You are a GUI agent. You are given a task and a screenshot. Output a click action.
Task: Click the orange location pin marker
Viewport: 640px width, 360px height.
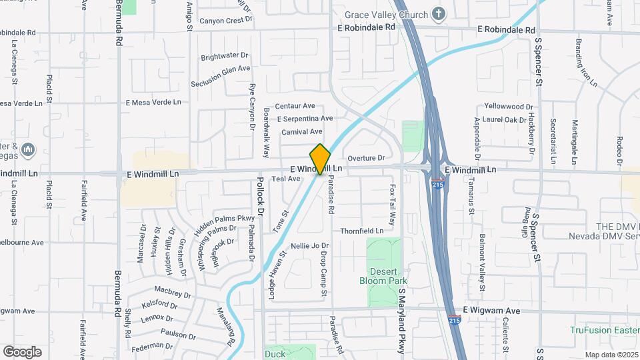[x=321, y=159]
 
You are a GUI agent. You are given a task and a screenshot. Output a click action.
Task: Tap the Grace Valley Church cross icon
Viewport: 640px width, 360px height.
[x=438, y=13]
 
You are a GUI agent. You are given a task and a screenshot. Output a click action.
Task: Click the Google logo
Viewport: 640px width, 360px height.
[x=22, y=351]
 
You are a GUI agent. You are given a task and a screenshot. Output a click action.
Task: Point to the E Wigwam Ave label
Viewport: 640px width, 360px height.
[x=491, y=311]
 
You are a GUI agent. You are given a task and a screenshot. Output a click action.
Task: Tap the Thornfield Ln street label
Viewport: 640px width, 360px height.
[x=362, y=231]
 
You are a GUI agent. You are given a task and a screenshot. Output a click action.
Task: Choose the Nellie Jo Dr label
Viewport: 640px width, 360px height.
[x=310, y=246]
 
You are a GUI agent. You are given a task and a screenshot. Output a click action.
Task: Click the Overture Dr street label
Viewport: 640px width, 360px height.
[x=366, y=158]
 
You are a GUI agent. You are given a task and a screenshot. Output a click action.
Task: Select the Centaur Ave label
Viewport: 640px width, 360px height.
[x=295, y=106]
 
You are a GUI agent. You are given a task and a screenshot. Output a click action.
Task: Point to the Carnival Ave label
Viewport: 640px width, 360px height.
[x=301, y=132]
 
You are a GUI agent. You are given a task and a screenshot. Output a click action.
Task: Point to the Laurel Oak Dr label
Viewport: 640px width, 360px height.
[x=505, y=120]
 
